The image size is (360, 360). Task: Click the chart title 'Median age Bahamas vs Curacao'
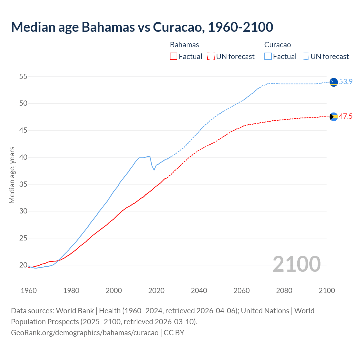(142, 27)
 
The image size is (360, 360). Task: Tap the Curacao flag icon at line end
(334, 82)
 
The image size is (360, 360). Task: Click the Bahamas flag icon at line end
(334, 117)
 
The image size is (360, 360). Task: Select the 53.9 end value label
(346, 82)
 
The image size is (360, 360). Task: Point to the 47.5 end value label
(346, 116)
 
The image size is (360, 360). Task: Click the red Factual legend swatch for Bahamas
(174, 57)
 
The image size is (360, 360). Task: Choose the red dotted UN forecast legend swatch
(211, 57)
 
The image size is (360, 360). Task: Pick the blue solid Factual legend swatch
(268, 57)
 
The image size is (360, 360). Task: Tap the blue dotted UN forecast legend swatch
(305, 57)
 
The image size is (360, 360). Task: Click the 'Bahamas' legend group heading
(184, 45)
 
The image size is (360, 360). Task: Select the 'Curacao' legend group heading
(278, 45)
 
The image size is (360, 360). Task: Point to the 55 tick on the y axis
(23, 76)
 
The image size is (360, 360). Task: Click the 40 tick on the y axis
(23, 157)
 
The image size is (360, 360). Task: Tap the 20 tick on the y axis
(23, 265)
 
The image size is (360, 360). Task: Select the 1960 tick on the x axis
(29, 291)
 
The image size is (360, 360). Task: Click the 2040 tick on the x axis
(199, 291)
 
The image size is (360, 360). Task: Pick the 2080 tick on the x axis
(284, 291)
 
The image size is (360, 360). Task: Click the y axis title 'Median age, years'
(12, 175)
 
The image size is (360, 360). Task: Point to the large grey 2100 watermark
(297, 264)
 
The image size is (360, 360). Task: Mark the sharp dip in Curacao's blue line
(154, 170)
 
